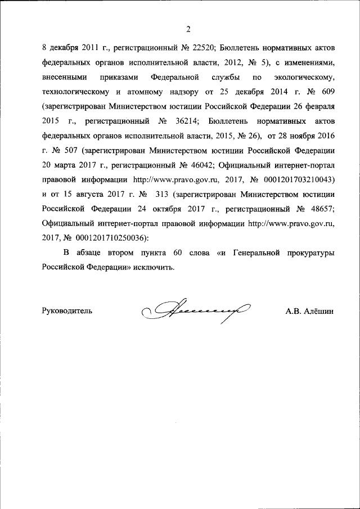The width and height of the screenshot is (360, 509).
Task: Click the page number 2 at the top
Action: click(188, 29)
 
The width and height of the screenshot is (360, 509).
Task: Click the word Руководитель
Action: click(67, 310)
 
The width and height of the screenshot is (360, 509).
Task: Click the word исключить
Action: click(153, 267)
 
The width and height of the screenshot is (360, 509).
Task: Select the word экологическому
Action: click(303, 77)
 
